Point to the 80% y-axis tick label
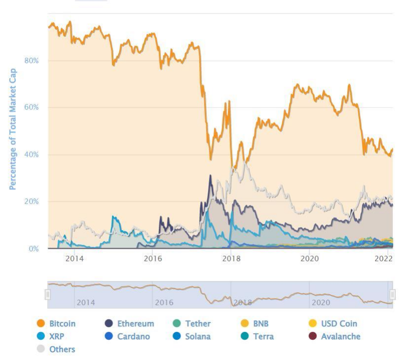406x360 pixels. tap(31, 61)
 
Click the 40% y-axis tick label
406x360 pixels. tap(31, 155)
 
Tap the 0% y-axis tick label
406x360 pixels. tap(33, 249)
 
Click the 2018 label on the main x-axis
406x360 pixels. tap(231, 259)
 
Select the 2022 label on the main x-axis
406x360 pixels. tap(383, 259)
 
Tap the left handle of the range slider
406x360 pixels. tap(48, 295)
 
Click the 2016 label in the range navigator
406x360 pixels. tap(164, 303)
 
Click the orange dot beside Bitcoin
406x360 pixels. tap(41, 324)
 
